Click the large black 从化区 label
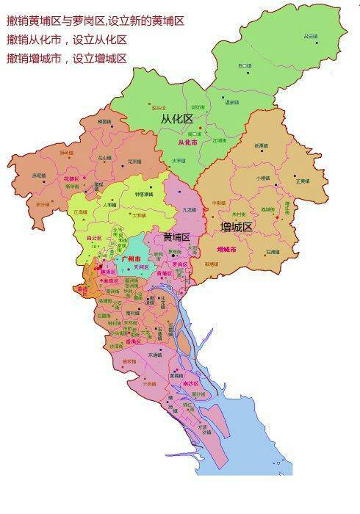pos(176,117)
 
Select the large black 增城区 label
pos(236,228)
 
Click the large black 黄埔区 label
pos(176,237)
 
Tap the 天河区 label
pos(134,267)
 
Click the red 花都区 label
pos(71,178)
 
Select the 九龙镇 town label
pos(189,210)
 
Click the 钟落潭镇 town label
pos(144,195)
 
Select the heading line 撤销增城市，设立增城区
pos(66,57)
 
